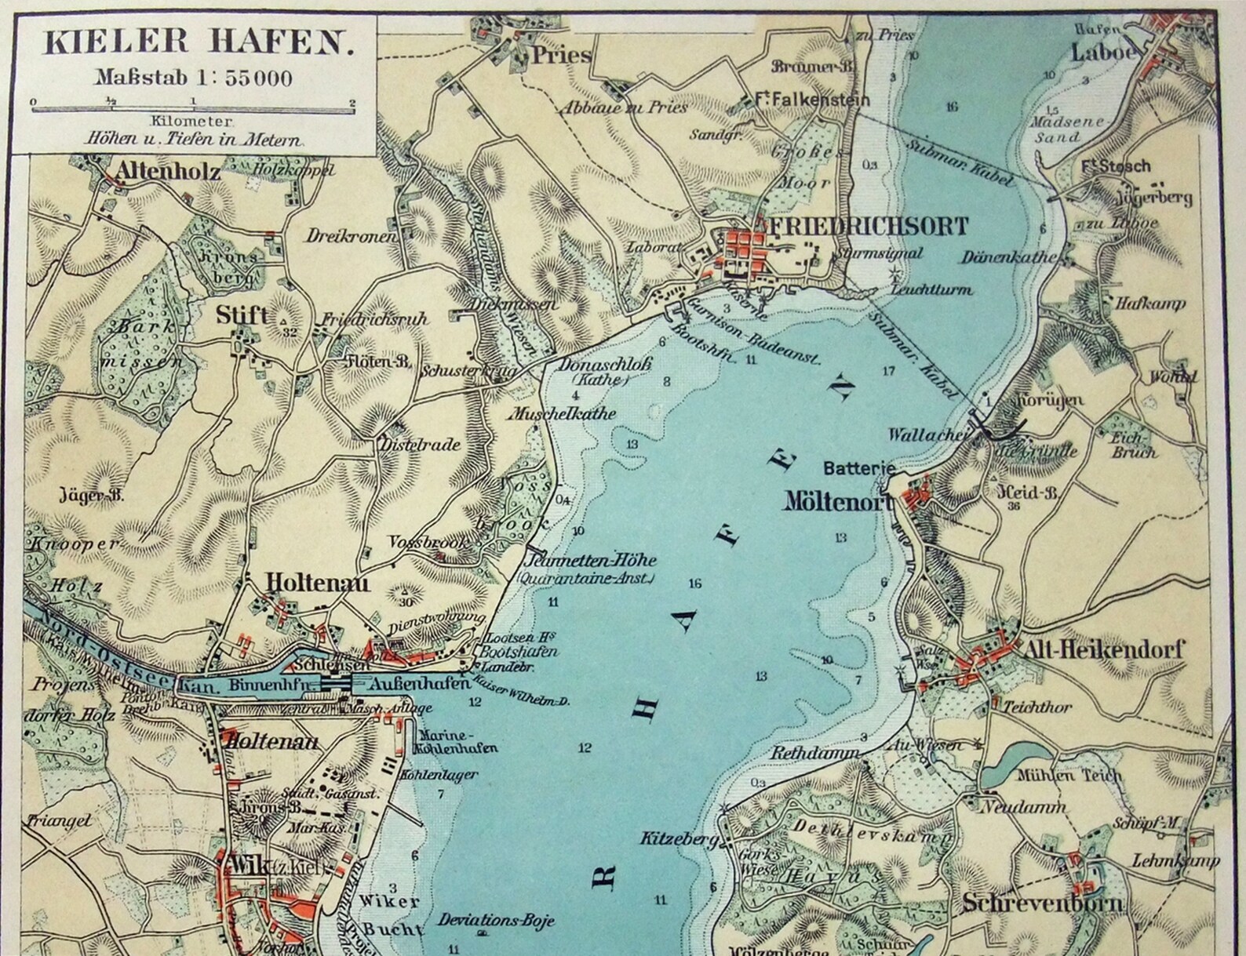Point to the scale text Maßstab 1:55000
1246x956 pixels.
(x=194, y=78)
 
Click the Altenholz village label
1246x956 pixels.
(x=168, y=172)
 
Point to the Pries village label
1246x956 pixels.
(x=560, y=55)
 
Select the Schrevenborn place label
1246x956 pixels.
(x=1042, y=903)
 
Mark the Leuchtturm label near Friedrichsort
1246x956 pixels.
(x=932, y=289)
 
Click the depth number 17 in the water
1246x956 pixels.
(x=888, y=371)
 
